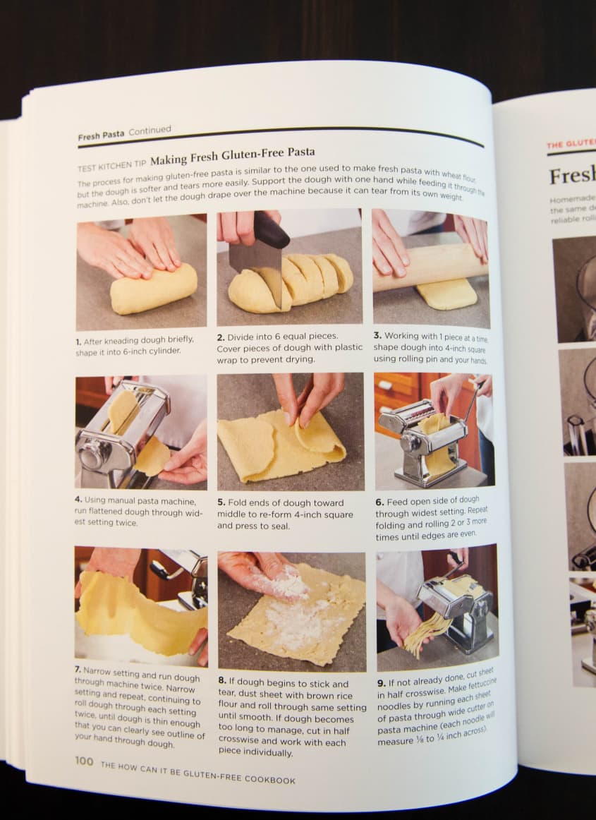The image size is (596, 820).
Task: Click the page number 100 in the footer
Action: [x=84, y=761]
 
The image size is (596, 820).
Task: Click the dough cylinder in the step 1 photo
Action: [x=153, y=289]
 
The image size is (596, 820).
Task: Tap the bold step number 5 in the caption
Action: [x=221, y=502]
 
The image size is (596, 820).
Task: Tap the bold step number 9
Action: [x=381, y=684]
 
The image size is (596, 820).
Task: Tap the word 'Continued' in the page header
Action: [x=150, y=131]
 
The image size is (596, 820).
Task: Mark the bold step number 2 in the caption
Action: [x=221, y=337]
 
